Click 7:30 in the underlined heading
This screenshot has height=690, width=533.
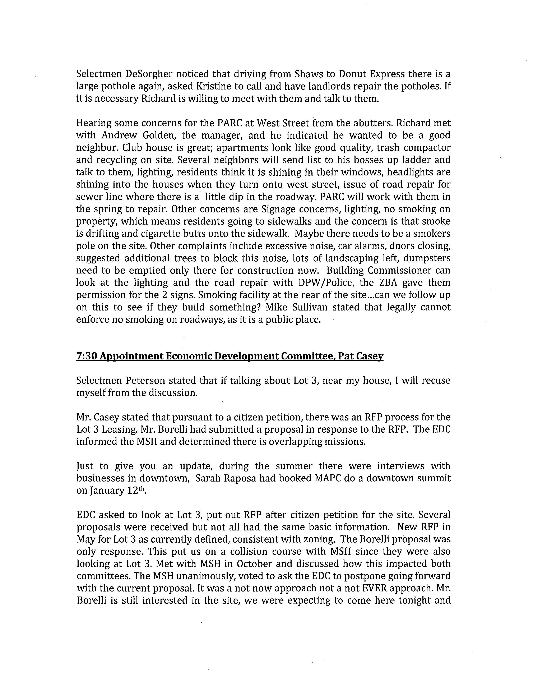pos(87,356)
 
